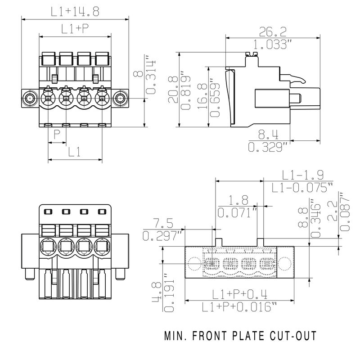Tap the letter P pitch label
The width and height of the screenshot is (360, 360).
(57, 135)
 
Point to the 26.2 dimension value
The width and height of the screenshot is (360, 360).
(273, 31)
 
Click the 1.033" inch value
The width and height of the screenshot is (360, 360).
(273, 45)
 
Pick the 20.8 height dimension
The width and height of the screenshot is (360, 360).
(172, 90)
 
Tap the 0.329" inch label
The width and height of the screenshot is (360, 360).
(268, 147)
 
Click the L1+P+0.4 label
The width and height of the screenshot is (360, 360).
(240, 295)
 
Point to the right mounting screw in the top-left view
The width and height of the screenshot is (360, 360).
(120, 98)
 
